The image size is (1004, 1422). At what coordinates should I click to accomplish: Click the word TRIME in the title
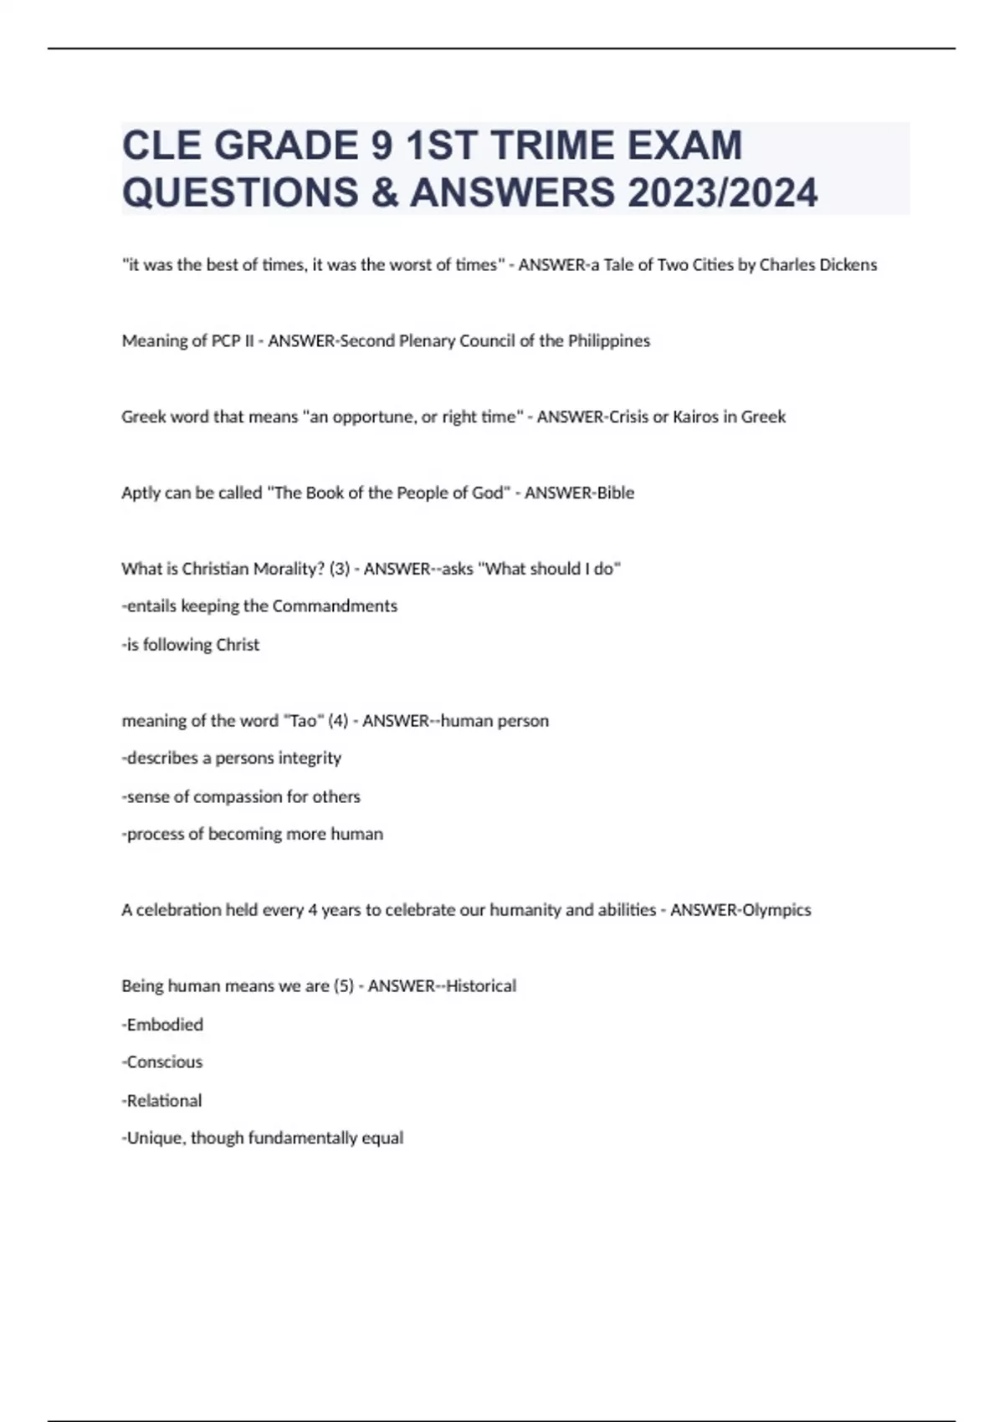click(x=553, y=146)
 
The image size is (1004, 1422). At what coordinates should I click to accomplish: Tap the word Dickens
click(x=846, y=265)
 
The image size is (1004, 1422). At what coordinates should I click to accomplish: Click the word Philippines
click(x=608, y=341)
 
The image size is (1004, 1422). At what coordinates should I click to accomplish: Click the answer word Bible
click(x=615, y=493)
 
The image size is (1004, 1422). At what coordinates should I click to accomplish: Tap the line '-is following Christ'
click(x=191, y=644)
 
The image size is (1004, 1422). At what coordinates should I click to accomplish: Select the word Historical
click(x=480, y=985)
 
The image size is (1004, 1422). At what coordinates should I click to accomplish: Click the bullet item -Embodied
click(x=162, y=1024)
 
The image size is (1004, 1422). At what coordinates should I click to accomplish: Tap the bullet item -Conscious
click(x=162, y=1061)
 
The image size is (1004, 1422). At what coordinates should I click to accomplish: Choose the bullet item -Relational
click(x=162, y=1100)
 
